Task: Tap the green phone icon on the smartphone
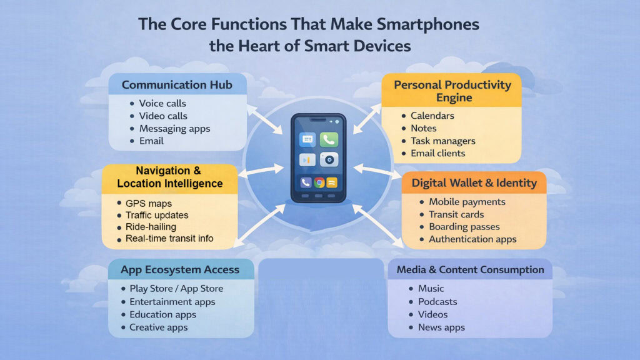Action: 329,140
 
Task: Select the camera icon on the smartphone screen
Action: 329,160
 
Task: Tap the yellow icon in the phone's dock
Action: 332,182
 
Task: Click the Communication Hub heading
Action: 177,84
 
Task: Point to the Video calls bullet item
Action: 163,116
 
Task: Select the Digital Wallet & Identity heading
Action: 474,183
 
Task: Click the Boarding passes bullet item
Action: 464,227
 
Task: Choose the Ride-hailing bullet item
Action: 151,227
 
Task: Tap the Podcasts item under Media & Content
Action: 437,302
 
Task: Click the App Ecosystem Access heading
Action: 181,270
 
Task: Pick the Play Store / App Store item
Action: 176,289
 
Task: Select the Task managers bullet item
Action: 442,141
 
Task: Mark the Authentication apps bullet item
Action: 472,239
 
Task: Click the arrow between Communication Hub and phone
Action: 265,119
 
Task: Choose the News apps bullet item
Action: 441,327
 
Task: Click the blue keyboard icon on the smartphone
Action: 307,140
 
